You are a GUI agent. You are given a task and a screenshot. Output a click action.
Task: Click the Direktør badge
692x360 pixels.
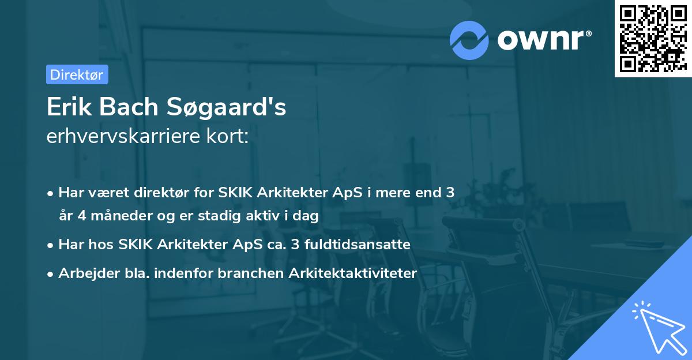click(x=77, y=74)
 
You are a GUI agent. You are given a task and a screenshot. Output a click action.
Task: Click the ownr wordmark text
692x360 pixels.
click(x=544, y=40)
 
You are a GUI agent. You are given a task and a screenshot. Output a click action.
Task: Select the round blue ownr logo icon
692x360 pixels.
click(x=469, y=40)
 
